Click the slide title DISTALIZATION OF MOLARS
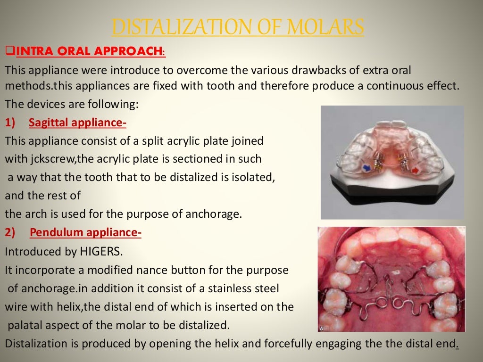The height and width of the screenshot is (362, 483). [x=238, y=27]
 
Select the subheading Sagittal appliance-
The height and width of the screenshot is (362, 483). [x=77, y=123]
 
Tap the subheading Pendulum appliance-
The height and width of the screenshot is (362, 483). [x=85, y=232]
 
